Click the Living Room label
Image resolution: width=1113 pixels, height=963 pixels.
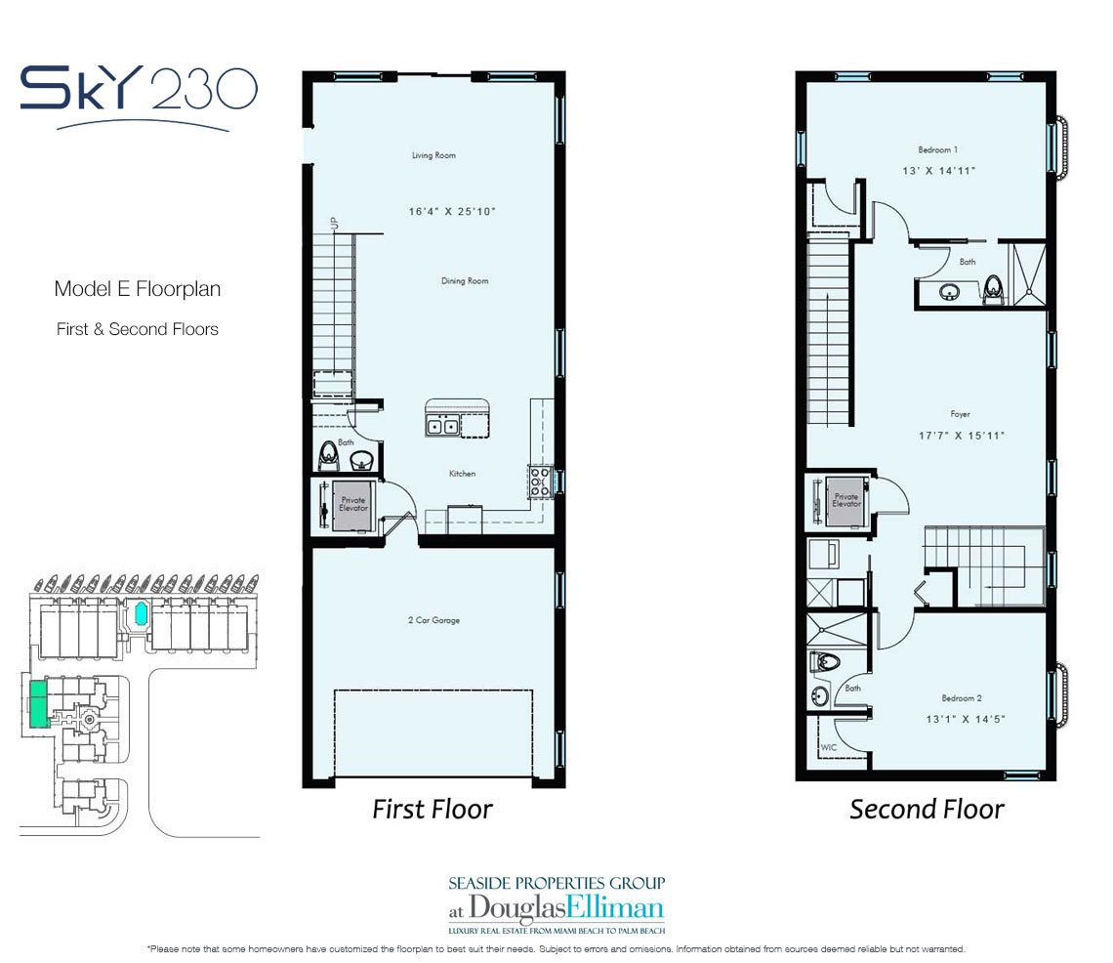coord(433,155)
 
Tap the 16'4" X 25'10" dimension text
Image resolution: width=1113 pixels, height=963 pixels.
coord(451,211)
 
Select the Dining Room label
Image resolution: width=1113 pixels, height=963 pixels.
coord(464,280)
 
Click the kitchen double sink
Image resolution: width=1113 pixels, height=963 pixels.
coord(442,426)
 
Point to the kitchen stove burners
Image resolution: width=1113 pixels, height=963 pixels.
coord(540,481)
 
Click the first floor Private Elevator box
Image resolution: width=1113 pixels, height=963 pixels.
coord(352,504)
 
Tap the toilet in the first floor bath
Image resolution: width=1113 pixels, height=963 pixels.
coord(328,454)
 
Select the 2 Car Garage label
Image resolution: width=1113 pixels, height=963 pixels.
coord(433,620)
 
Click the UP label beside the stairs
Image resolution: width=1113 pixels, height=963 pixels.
coord(334,223)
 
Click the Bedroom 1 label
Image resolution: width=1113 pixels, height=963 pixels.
coord(937,149)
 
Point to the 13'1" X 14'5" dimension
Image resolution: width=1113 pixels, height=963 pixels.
coord(966,719)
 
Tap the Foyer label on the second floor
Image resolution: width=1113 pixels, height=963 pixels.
coord(960,413)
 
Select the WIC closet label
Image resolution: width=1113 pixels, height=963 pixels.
coord(828,747)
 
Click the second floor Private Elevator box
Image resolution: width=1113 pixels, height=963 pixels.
coord(845,501)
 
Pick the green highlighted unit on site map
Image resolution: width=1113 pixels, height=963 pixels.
coord(39,702)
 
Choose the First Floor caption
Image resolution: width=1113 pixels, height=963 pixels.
coord(433,809)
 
